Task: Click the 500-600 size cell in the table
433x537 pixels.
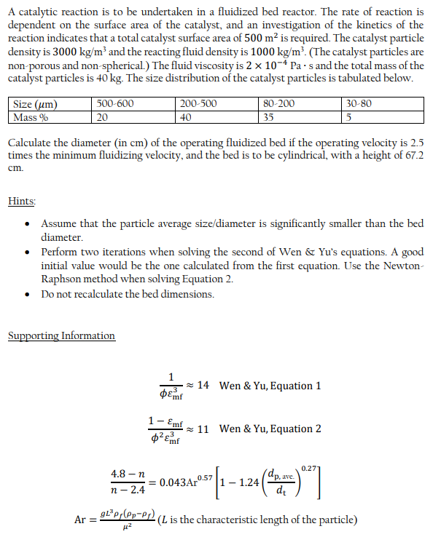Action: point(115,103)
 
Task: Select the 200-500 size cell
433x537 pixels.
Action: point(198,103)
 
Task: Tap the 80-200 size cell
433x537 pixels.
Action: point(278,103)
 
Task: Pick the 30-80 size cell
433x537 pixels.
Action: point(359,103)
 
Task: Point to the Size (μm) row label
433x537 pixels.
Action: point(35,103)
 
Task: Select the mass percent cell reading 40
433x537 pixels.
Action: point(186,116)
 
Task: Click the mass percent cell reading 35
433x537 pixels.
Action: point(268,116)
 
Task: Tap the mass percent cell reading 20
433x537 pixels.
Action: point(103,116)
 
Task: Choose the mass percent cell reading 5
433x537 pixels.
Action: point(351,116)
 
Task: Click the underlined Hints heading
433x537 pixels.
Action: point(22,200)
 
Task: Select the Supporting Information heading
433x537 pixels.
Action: point(61,335)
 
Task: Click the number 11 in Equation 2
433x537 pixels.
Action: point(204,429)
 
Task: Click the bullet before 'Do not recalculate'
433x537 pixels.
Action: point(27,294)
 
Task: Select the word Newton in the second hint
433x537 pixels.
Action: point(405,266)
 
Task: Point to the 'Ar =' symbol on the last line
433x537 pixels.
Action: point(85,520)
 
